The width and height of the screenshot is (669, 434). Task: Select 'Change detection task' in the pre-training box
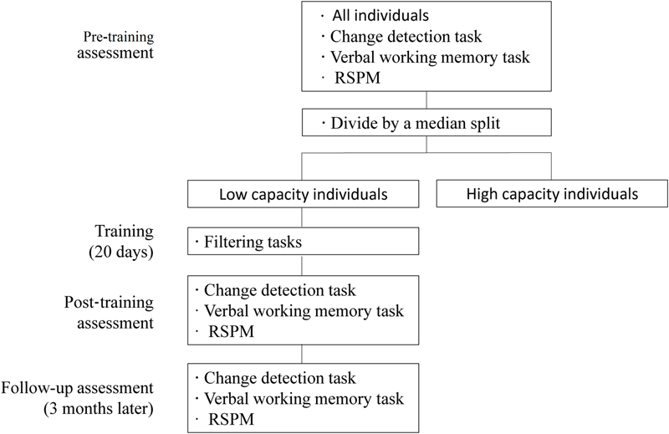[396, 37]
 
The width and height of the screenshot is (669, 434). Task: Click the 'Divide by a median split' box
[426, 124]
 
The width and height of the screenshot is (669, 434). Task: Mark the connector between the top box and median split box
[426, 101]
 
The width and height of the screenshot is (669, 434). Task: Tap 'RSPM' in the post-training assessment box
[227, 332]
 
